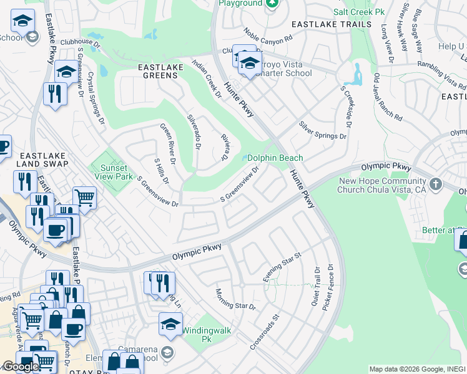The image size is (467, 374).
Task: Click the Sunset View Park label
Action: coord(113,172)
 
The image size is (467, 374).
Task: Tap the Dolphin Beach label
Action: coord(275,158)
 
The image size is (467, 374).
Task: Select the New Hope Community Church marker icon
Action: coord(436,185)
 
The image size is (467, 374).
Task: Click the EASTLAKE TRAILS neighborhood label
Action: coord(332,24)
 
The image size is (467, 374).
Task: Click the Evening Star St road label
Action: coord(282,266)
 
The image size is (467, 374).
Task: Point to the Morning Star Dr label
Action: coord(235,299)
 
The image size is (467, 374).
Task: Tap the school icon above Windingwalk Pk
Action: coord(170,324)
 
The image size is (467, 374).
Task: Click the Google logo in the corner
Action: coord(21,367)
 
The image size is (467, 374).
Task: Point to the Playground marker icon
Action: coord(271,4)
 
